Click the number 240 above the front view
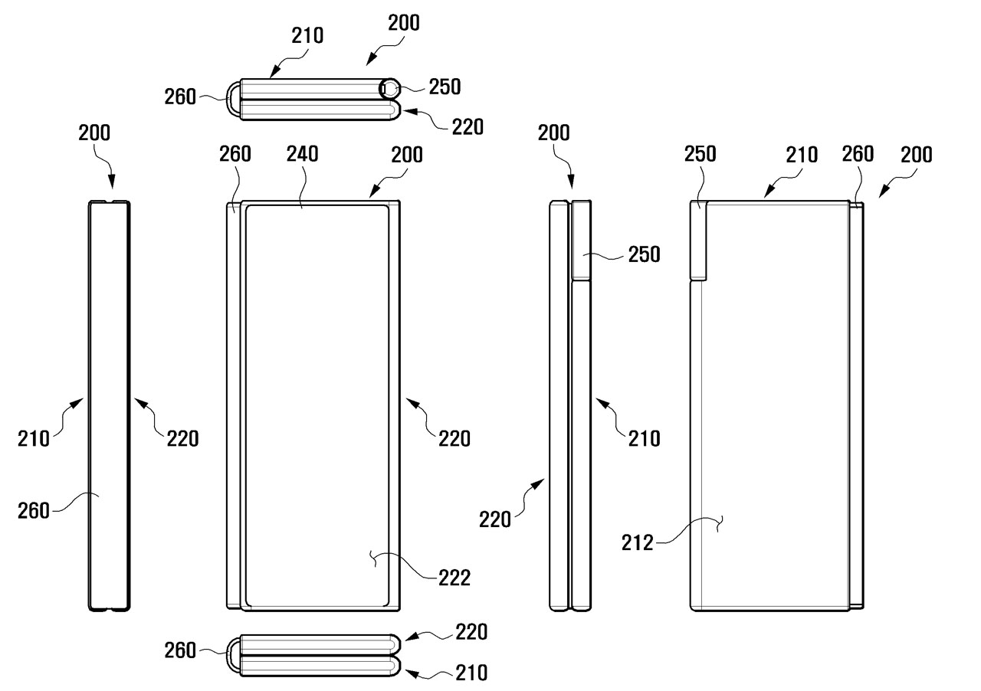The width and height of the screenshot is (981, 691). pos(302,153)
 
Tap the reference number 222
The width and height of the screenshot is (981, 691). pos(455,578)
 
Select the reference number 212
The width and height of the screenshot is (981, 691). pos(638,543)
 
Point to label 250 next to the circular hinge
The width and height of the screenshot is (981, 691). pos(445,87)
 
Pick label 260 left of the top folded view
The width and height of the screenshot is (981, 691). pos(180,97)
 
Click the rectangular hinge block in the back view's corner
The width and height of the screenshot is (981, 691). pos(698,241)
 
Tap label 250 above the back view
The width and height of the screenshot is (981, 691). pos(700,153)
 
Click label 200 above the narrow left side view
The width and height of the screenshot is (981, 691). pos(94,133)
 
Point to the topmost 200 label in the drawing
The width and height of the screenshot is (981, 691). pos(404,23)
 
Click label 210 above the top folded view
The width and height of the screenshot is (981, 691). pos(307,35)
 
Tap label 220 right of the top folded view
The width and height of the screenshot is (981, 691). pos(468,126)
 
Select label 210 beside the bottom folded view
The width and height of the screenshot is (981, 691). pos(471,673)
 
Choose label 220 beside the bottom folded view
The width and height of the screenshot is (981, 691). pos(470,632)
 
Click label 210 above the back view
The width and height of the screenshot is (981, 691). pos(802,154)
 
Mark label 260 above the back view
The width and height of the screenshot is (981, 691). pos(858,153)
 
